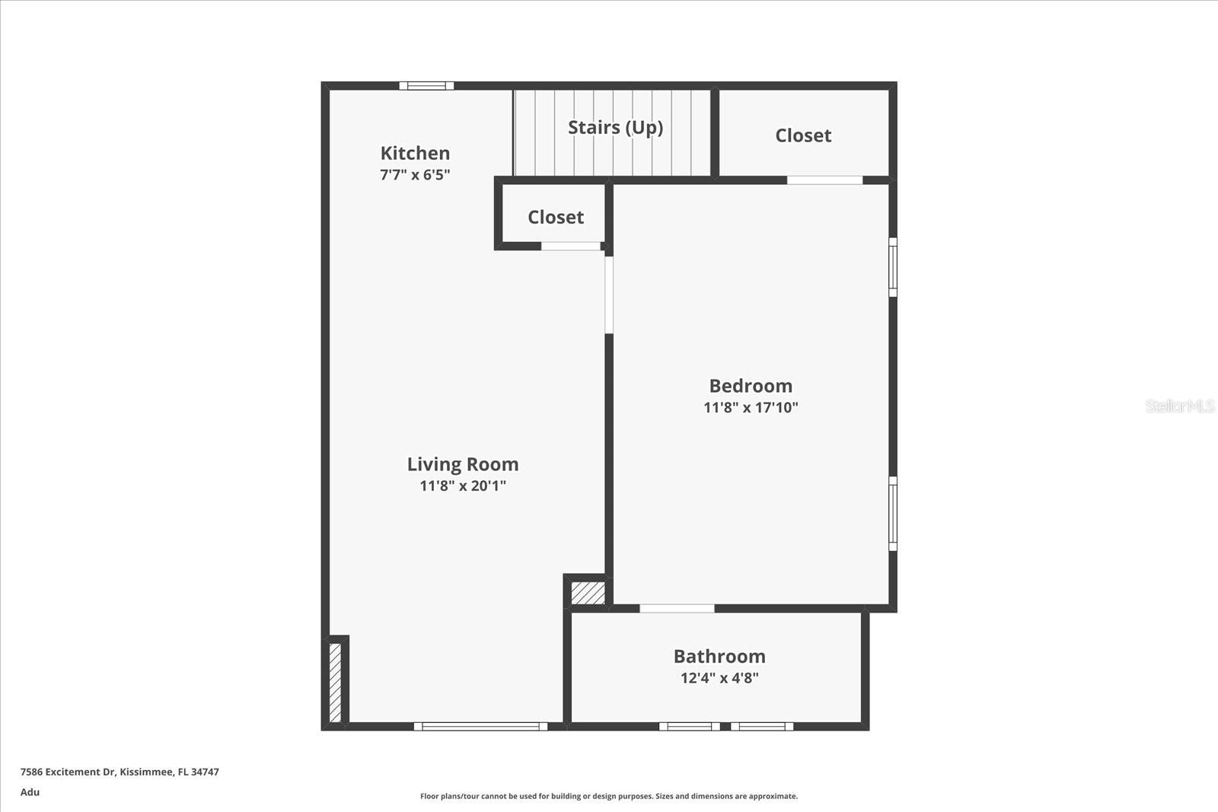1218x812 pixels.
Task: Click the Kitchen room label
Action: point(415,153)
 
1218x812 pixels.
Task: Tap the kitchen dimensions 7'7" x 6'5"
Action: point(415,174)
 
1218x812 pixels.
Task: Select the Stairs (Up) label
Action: point(615,127)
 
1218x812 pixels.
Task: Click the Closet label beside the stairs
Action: point(803,135)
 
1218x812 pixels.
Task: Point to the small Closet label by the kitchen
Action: point(556,217)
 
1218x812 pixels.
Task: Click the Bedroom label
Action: point(751,386)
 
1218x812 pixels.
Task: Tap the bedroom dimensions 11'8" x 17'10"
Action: point(751,407)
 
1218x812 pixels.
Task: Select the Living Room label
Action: point(463,464)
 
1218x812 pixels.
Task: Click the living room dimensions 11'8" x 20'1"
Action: point(463,486)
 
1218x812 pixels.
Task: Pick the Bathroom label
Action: point(719,656)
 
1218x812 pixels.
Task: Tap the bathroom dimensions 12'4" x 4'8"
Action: point(719,677)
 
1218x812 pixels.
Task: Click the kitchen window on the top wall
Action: point(426,86)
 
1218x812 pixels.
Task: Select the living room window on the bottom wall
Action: point(480,727)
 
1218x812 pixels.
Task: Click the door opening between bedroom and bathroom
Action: point(677,608)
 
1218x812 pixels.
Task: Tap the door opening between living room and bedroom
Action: point(609,295)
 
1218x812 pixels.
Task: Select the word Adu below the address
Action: point(30,792)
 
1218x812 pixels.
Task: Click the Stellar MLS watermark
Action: point(1179,406)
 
